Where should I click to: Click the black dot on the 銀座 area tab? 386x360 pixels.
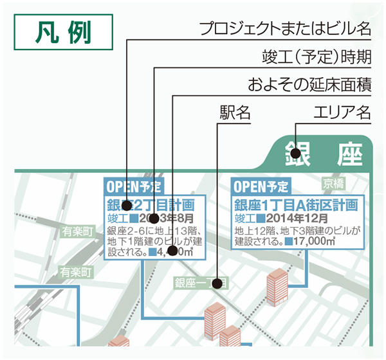[x=295, y=154]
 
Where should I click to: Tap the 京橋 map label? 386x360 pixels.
[x=335, y=183]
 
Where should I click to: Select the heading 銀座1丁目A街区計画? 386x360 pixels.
[x=295, y=205]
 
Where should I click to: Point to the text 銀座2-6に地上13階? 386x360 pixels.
[x=154, y=231]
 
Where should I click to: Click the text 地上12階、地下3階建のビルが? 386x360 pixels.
[x=295, y=231]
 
